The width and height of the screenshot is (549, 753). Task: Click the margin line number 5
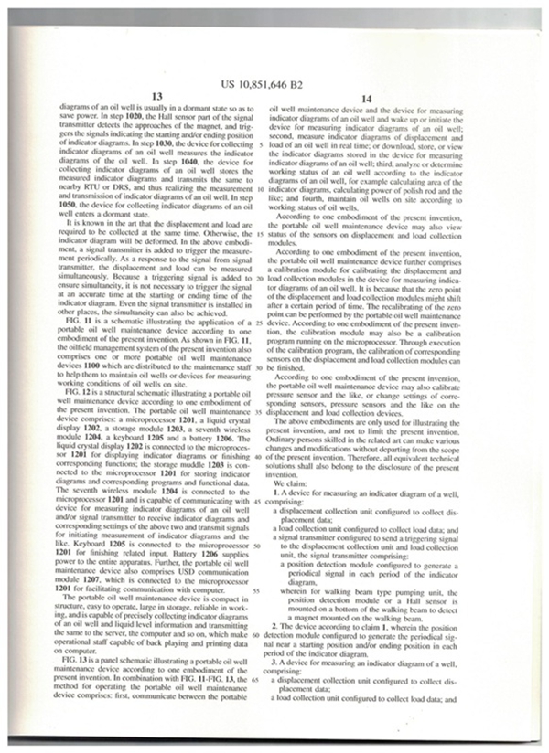261,145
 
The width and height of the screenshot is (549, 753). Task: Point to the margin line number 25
261,324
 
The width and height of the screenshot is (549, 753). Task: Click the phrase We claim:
302,482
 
